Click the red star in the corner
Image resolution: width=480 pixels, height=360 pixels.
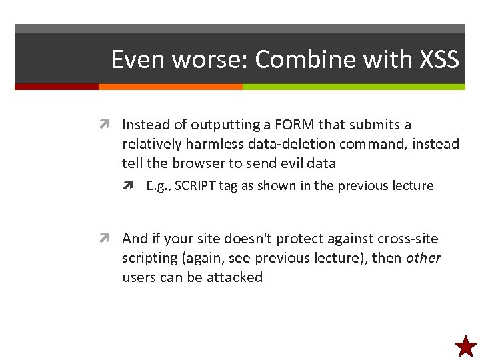tap(465, 346)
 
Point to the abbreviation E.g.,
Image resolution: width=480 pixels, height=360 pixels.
tap(159, 186)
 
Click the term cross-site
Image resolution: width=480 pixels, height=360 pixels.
tap(409, 239)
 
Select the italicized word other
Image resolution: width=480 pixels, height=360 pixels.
tap(423, 258)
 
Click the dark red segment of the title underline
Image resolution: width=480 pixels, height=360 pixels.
tap(57, 87)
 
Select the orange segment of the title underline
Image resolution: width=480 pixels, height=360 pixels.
tap(170, 87)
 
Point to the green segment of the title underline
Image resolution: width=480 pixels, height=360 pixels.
tap(353, 87)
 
